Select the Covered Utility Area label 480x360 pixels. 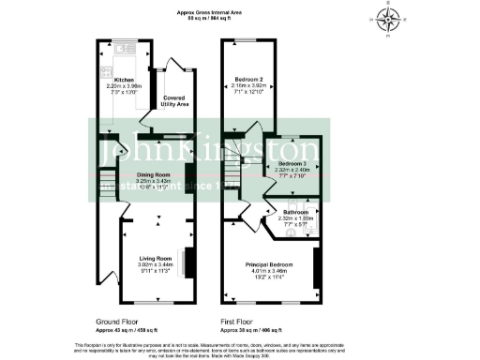click(x=173, y=100)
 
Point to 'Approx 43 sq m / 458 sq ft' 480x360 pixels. click(x=127, y=328)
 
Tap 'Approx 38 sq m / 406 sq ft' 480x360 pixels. click(x=253, y=328)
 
